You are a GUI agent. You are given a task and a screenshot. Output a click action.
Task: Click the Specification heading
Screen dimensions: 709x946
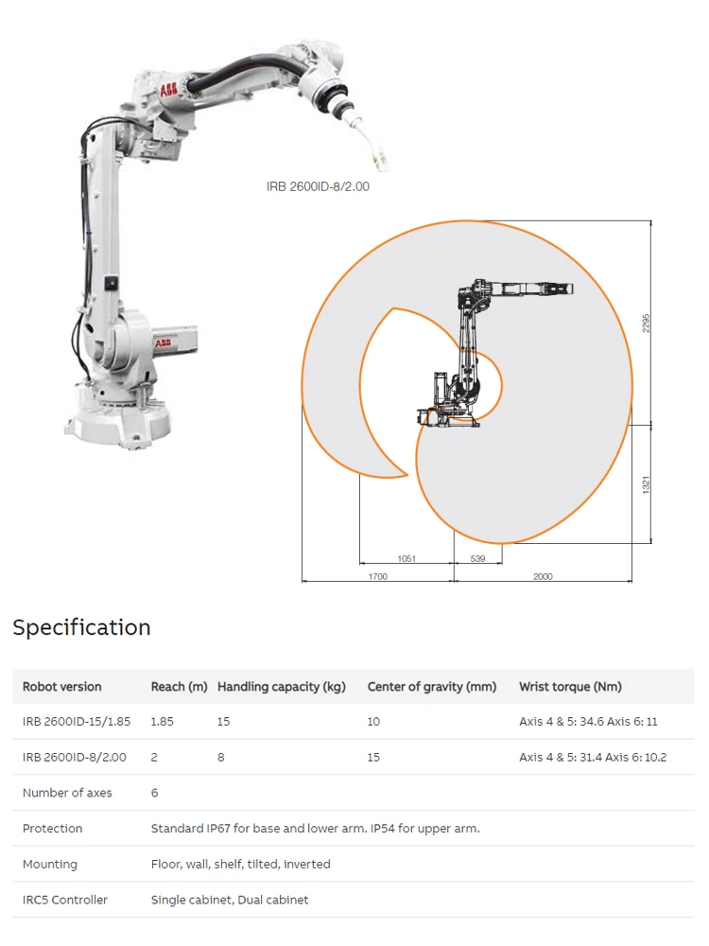tap(81, 627)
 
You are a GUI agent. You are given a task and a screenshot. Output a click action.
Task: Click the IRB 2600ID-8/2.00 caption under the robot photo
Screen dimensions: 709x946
tap(318, 186)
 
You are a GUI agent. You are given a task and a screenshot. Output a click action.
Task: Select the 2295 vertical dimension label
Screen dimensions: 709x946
tap(647, 323)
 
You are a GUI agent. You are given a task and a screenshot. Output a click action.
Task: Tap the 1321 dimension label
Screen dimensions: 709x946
tap(647, 484)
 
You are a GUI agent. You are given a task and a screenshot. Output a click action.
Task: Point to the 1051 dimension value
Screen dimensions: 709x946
tap(406, 559)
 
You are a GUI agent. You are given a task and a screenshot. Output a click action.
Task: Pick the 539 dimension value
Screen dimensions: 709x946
tap(477, 559)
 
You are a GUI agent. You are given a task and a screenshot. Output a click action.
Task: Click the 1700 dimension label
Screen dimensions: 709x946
tap(378, 576)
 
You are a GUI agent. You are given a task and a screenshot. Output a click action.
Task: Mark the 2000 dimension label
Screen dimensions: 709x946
tap(543, 576)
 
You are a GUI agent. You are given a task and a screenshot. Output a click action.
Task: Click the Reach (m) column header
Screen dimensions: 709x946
tap(179, 687)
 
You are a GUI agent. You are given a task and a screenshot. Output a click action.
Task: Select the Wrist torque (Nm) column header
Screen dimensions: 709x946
tap(570, 687)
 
